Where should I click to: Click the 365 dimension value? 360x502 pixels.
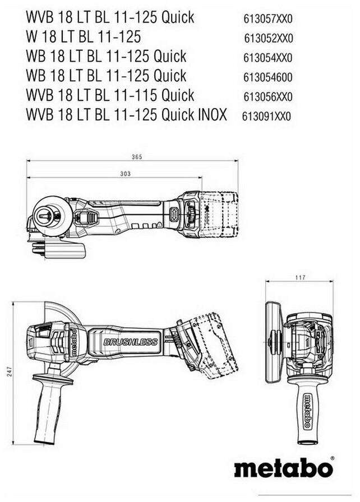tap(137, 157)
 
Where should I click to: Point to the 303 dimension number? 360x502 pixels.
tap(125, 174)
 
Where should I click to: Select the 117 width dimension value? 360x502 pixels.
tap(300, 277)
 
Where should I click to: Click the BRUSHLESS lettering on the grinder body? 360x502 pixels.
tap(131, 342)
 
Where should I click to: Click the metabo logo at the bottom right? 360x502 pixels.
tap(283, 468)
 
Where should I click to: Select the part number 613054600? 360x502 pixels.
tap(268, 77)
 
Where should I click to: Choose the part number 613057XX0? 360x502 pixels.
tap(268, 19)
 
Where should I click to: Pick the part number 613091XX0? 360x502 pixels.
tap(266, 116)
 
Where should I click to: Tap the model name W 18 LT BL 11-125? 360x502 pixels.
tap(84, 36)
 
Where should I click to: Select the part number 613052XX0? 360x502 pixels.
tap(269, 39)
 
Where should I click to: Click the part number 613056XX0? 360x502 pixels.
tap(268, 97)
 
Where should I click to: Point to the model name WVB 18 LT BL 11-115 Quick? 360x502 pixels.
tap(110, 95)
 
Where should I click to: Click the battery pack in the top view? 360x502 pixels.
tap(219, 215)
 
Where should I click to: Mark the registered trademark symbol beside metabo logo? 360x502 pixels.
tap(332, 459)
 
